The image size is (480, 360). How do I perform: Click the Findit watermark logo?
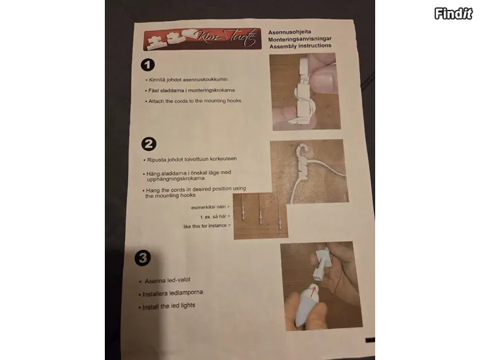tap(453, 13)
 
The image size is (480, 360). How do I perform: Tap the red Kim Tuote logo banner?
tap(202, 39)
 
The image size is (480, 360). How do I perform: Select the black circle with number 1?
tap(148, 65)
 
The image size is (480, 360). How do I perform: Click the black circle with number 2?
tap(149, 144)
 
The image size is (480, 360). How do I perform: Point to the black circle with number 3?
tap(142, 258)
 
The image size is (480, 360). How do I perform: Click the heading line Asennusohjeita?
tap(289, 32)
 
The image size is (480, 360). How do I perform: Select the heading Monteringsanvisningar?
tap(300, 39)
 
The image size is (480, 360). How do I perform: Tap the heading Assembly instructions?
tap(300, 46)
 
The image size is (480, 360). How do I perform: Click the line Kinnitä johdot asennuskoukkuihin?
tap(187, 80)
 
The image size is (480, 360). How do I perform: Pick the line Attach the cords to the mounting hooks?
tap(193, 101)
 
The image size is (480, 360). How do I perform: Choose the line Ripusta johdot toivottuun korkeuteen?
tap(190, 159)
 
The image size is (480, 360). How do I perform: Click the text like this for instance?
tap(207, 226)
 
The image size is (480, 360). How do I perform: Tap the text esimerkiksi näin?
tap(210, 207)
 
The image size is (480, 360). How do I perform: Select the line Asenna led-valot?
tap(165, 280)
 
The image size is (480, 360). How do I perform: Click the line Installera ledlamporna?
tap(171, 293)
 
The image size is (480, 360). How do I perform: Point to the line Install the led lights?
tap(167, 306)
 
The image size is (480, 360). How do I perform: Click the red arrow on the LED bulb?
tap(313, 292)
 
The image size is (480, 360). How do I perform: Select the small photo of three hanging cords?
tap(260, 216)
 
